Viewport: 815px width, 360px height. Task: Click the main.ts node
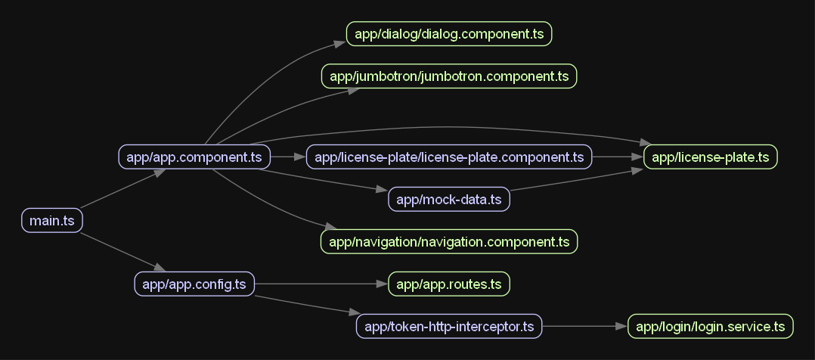[51, 221]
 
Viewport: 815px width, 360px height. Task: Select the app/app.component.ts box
[194, 157]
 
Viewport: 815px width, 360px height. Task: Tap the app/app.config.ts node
[194, 284]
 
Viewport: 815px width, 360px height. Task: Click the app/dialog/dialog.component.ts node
[449, 34]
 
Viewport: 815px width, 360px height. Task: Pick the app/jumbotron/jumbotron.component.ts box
[449, 76]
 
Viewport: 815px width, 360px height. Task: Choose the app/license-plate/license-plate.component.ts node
[449, 157]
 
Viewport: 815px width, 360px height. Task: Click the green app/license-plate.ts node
[710, 157]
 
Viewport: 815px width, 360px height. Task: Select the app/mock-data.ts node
[449, 200]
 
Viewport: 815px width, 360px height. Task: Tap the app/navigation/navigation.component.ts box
[449, 242]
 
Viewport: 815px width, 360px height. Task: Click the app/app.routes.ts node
[449, 284]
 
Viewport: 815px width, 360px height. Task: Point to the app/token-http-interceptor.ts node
[449, 327]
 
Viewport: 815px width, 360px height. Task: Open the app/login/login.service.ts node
[710, 327]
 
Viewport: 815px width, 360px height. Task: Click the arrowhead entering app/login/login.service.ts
[622, 327]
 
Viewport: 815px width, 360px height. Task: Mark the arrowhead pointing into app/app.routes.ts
[383, 284]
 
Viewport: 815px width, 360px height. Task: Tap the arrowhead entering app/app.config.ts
[159, 269]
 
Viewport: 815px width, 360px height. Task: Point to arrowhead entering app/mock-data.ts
[383, 191]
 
